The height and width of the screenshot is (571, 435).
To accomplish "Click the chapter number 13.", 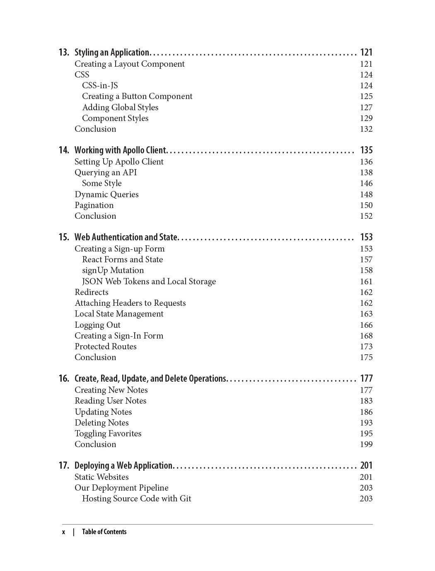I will coord(64,53).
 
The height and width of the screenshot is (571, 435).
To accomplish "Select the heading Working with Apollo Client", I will coord(120,150).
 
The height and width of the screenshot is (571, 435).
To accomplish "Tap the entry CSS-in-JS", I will coord(100,86).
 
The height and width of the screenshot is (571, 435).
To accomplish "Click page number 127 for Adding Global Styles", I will coord(366,108).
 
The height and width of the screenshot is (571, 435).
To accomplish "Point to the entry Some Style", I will coord(102,184).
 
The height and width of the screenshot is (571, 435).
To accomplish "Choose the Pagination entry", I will coord(94,206).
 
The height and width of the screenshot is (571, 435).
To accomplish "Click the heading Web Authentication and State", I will coord(126,237).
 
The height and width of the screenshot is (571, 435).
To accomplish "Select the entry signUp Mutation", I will coord(113,271).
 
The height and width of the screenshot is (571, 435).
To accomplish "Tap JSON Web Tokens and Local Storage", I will coord(149,282).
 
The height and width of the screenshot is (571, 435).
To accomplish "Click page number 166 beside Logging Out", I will coord(366,325).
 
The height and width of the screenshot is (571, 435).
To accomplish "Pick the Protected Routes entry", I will coord(106,347).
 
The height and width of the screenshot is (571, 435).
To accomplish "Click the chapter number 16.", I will coord(64,379).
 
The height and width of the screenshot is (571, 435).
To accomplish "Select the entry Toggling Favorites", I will coord(108,434).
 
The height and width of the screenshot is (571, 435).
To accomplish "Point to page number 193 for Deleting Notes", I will coord(366,423).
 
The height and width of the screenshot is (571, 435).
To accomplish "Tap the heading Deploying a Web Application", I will coord(123,466).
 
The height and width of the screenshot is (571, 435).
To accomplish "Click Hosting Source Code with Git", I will coord(137,499).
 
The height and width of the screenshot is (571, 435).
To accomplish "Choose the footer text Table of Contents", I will coord(104,532).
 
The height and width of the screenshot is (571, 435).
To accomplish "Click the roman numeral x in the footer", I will coord(64,532).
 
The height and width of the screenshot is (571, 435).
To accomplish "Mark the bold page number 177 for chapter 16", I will coord(366,379).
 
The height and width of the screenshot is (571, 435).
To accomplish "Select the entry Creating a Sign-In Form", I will coord(119,336).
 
